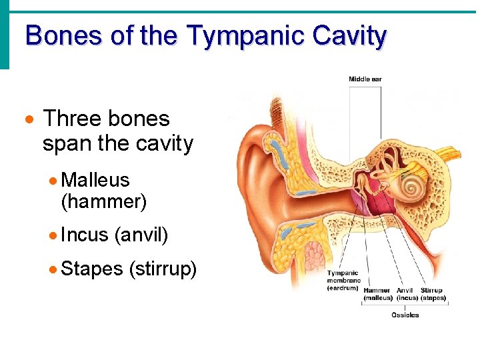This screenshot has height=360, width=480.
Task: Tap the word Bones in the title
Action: (x=64, y=35)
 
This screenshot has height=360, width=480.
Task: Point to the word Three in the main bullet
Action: (x=72, y=119)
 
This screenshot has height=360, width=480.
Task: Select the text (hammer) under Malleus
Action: (x=103, y=201)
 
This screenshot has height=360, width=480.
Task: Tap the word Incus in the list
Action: (x=84, y=235)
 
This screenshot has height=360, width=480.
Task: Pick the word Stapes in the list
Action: (x=92, y=269)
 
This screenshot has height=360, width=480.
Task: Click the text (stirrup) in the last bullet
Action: (x=163, y=269)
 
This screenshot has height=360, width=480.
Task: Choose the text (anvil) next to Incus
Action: (x=141, y=235)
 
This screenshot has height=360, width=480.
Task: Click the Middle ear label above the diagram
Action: (x=365, y=79)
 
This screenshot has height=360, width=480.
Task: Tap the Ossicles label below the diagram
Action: (x=405, y=315)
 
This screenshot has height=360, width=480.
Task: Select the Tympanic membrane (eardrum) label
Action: (x=343, y=281)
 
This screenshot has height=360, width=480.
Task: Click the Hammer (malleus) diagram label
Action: (x=378, y=294)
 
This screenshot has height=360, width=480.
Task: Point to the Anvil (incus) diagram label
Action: (x=406, y=294)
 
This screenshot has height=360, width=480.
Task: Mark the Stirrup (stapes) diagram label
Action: (x=433, y=294)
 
